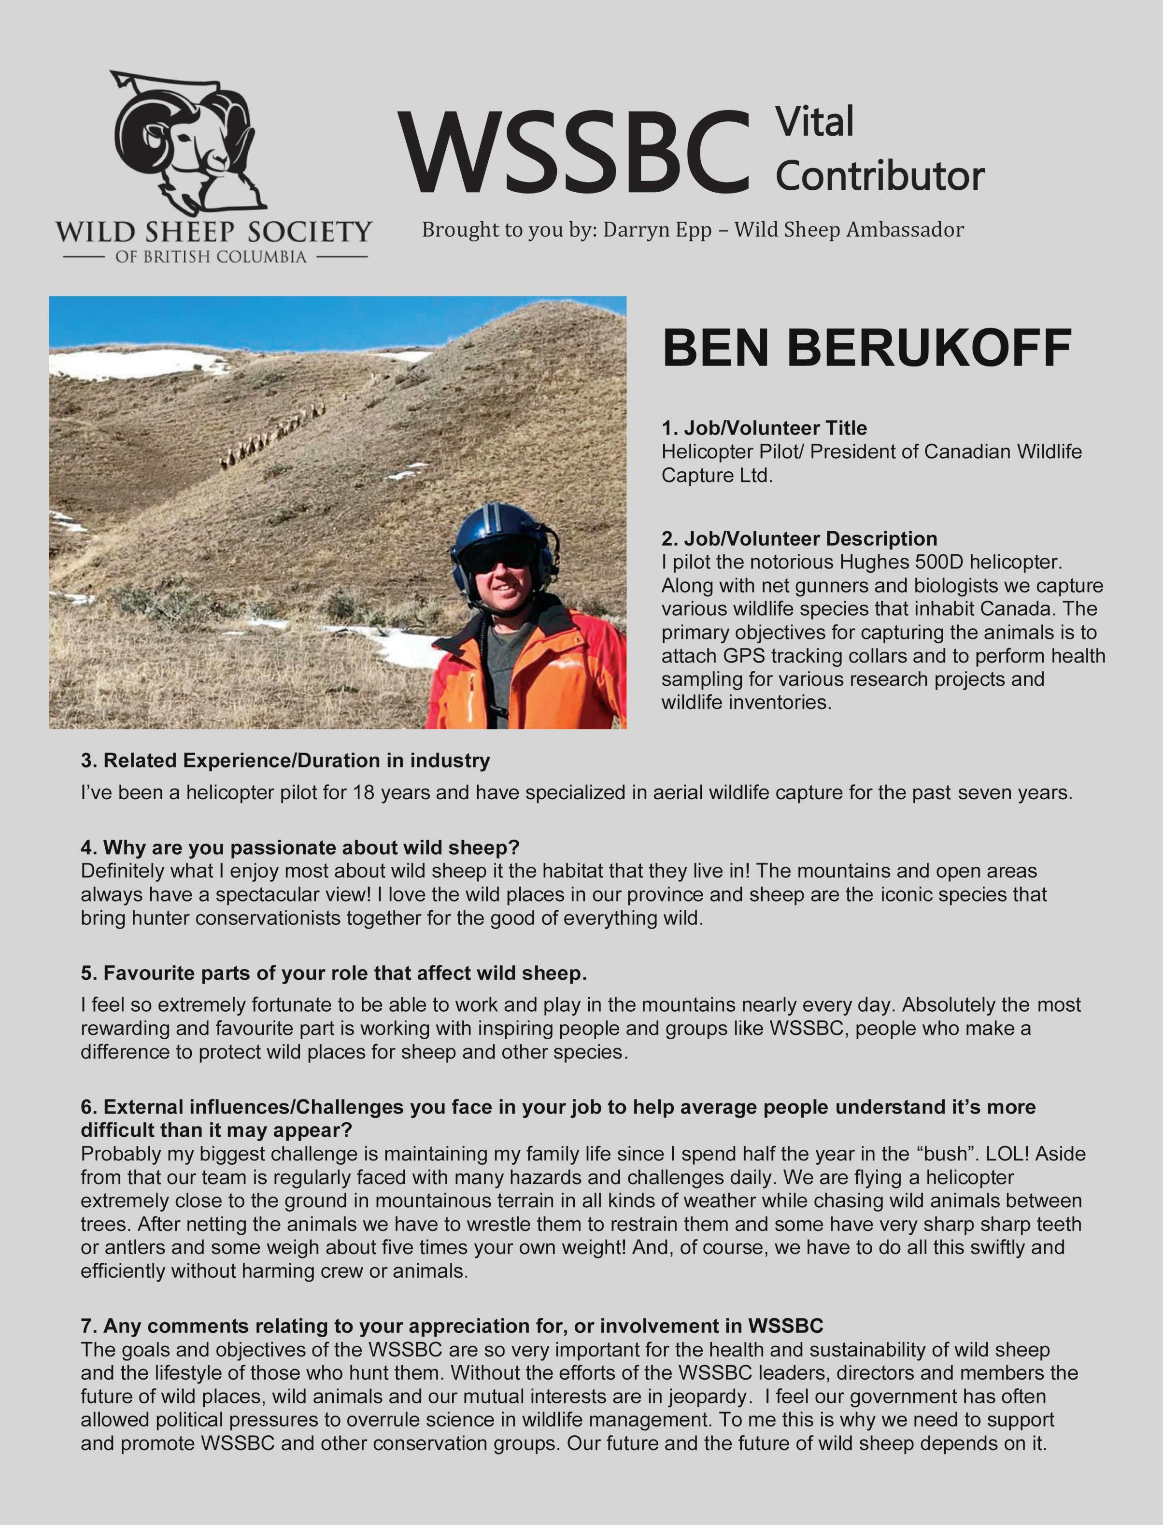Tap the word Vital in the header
[814, 123]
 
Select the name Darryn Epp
[657, 230]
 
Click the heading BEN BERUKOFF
[867, 348]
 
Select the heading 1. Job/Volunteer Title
[764, 428]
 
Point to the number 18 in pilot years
[363, 792]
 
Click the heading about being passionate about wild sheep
[300, 847]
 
